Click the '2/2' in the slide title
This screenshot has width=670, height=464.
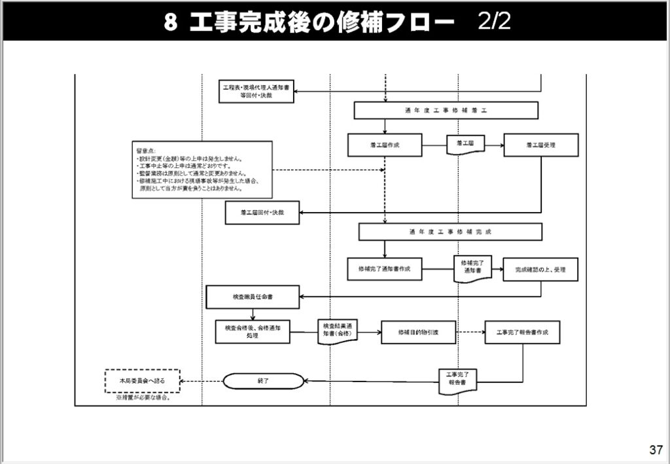pyautogui.click(x=493, y=22)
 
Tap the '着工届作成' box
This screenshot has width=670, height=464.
pyautogui.click(x=385, y=145)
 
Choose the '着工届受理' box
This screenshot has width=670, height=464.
pyautogui.click(x=540, y=145)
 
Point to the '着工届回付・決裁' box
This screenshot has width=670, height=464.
pyautogui.click(x=262, y=213)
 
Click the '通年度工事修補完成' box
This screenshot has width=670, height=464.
pyautogui.click(x=450, y=232)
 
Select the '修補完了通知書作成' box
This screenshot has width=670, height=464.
pyautogui.click(x=385, y=268)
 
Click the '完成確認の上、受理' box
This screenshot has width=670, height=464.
pyautogui.click(x=540, y=268)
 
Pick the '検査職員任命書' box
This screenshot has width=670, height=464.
pyautogui.click(x=253, y=297)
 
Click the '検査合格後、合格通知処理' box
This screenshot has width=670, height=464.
pyautogui.click(x=252, y=331)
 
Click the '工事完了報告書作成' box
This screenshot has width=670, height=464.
pyautogui.click(x=522, y=332)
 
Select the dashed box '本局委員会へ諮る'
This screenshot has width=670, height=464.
pyautogui.click(x=143, y=381)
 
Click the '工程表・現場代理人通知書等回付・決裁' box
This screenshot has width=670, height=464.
pyautogui.click(x=256, y=91)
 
